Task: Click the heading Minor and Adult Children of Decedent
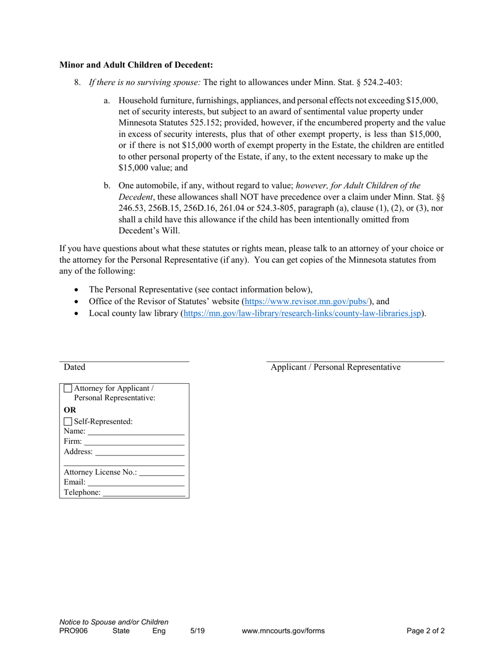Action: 136,65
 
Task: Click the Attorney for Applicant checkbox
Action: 67,388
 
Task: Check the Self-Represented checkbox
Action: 67,422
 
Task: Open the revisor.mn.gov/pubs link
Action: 307,302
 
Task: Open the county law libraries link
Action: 302,314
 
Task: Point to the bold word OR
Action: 70,410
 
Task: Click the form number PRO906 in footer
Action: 74,631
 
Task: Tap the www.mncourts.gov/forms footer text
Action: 283,631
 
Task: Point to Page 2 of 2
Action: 425,631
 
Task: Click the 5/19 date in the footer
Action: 197,631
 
